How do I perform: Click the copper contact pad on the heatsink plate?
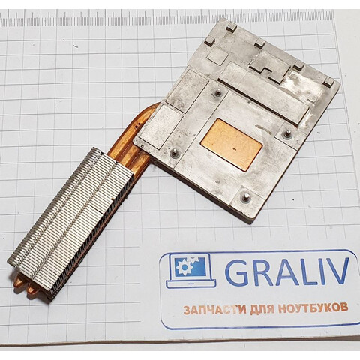coord(232,145)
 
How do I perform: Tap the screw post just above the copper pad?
coord(217,92)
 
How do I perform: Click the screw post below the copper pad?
coord(244,196)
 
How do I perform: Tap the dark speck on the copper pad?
coord(235,150)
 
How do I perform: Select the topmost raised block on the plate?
coord(232,27)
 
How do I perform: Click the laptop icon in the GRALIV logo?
coord(191,270)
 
